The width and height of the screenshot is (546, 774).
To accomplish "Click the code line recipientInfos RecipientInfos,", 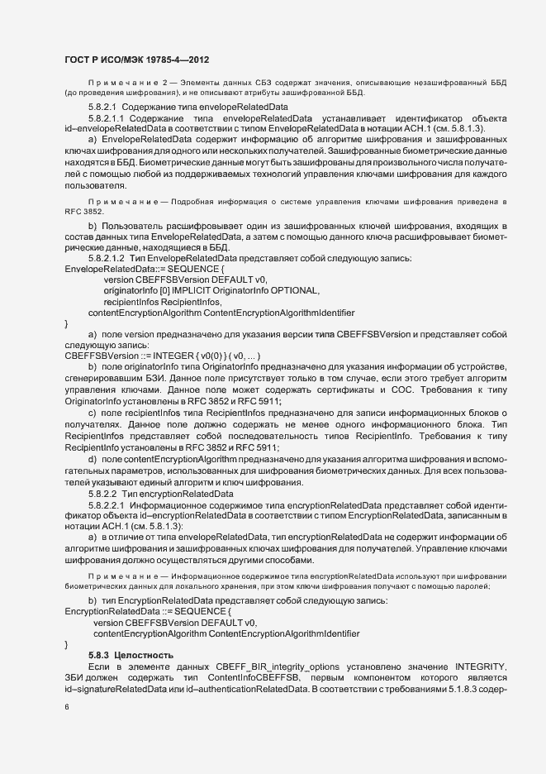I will [x=157, y=303].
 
